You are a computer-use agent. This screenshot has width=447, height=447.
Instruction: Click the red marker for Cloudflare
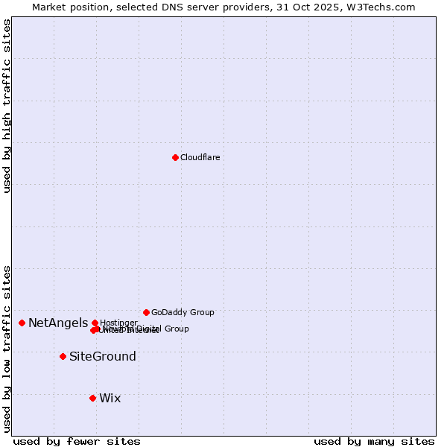pyautogui.click(x=175, y=157)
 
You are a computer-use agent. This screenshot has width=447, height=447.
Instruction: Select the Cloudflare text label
pyautogui.click(x=200, y=157)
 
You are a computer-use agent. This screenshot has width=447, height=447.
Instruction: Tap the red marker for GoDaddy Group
pyautogui.click(x=146, y=312)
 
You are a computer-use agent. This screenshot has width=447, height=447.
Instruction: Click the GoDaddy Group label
pyautogui.click(x=183, y=312)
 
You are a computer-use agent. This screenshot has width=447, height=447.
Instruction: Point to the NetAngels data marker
pyautogui.click(x=22, y=323)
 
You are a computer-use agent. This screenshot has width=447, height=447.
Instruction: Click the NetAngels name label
pyautogui.click(x=58, y=323)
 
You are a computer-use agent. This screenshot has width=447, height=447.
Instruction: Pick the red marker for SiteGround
pyautogui.click(x=63, y=356)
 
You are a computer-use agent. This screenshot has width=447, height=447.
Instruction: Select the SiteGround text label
pyautogui.click(x=103, y=356)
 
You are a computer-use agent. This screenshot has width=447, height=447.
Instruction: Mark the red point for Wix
pyautogui.click(x=92, y=398)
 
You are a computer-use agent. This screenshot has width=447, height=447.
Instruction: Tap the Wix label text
pyautogui.click(x=110, y=398)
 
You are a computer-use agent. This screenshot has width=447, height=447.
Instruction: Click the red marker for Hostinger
pyautogui.click(x=95, y=323)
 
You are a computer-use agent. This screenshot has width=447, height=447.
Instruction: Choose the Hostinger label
pyautogui.click(x=118, y=323)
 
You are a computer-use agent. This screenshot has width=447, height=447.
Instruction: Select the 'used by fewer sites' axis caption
pyautogui.click(x=77, y=441)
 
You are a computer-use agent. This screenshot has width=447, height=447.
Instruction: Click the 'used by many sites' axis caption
pyautogui.click(x=374, y=441)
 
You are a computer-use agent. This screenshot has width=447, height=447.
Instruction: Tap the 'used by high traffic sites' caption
pyautogui.click(x=7, y=106)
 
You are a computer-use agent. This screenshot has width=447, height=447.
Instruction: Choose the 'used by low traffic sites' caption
pyautogui.click(x=7, y=349)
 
